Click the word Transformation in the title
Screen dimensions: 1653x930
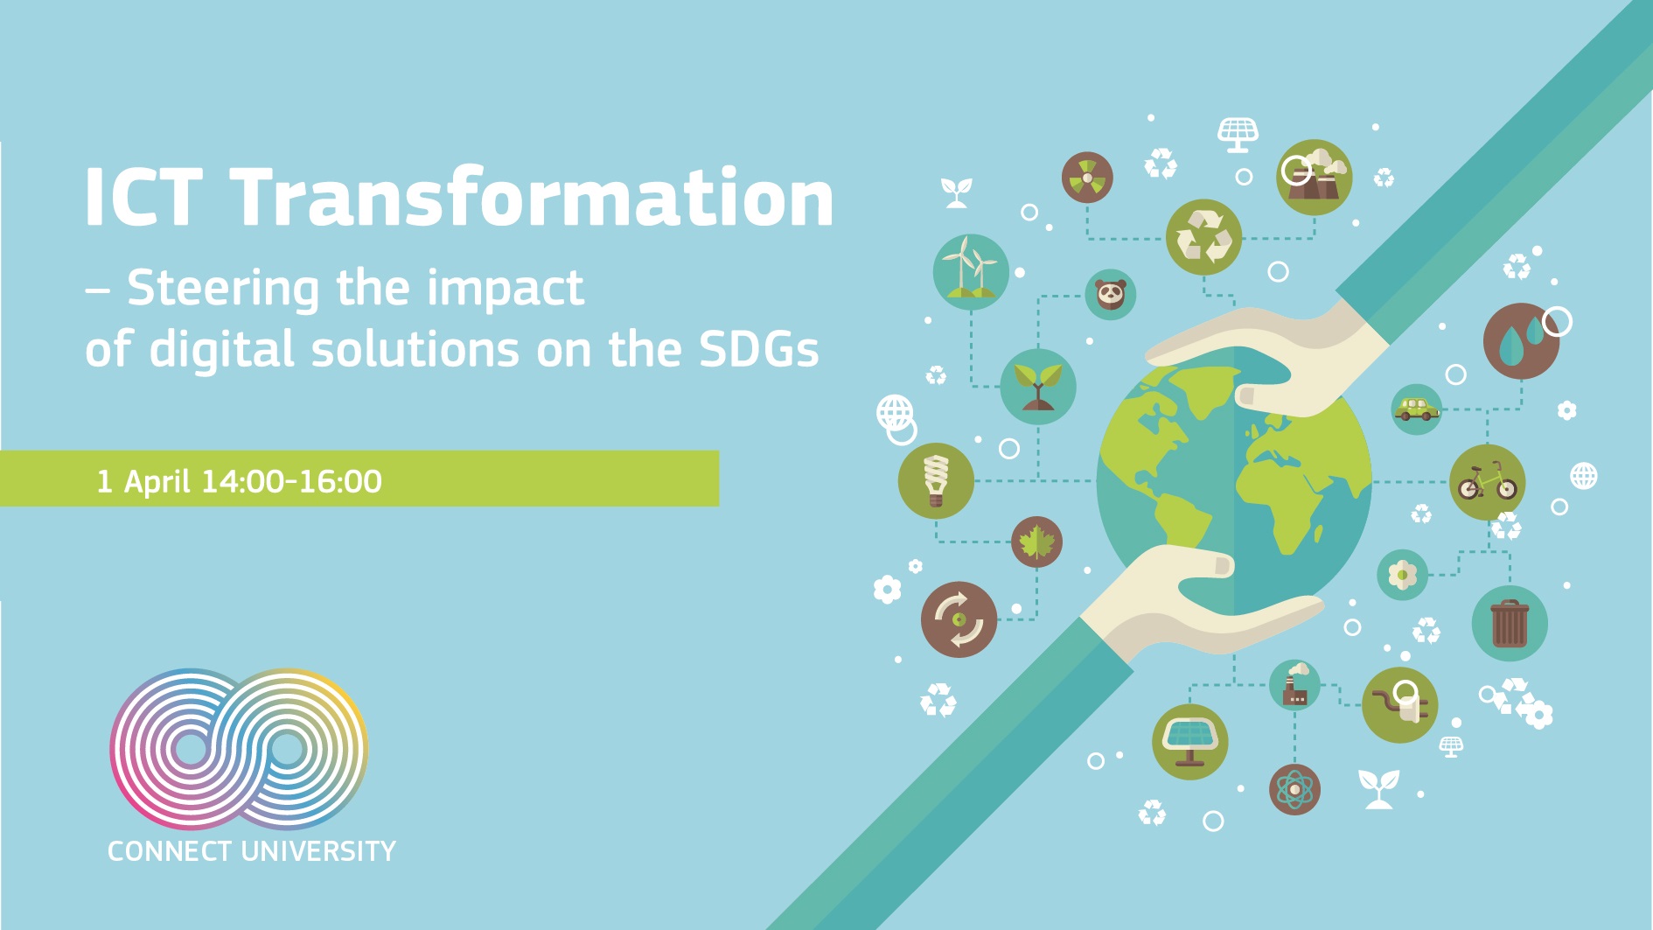tap(533, 197)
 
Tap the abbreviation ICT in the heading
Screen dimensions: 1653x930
tap(144, 198)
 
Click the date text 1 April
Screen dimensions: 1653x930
tap(143, 481)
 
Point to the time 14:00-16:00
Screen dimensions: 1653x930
tap(291, 481)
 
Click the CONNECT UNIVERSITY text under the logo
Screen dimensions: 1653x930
tap(252, 851)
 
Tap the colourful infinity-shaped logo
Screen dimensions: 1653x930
tap(239, 749)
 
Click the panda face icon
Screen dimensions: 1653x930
tap(1111, 294)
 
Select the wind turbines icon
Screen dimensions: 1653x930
tap(971, 271)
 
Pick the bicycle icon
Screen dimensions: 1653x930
tap(1488, 483)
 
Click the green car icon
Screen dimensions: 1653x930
tap(1417, 409)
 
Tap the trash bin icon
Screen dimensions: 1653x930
tap(1510, 623)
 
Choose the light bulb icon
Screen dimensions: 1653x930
tap(936, 480)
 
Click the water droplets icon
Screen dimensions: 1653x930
tap(1522, 341)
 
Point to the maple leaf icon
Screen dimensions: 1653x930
tap(1036, 542)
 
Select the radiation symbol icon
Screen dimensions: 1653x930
tap(1087, 177)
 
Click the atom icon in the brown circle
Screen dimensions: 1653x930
tap(1294, 789)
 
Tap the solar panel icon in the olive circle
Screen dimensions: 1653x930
tap(1190, 742)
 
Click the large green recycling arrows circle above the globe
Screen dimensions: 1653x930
tap(1204, 237)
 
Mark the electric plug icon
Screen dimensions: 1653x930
tap(1400, 705)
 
